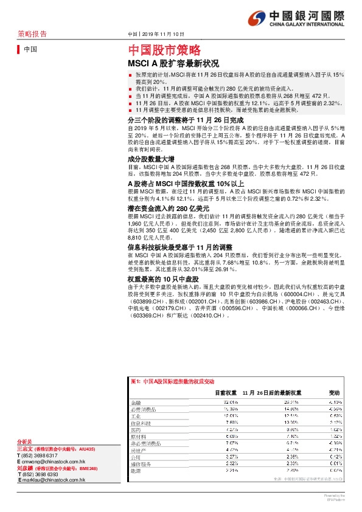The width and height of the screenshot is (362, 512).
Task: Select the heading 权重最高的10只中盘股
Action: point(159,278)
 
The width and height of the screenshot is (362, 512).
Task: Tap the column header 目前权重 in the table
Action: point(226,393)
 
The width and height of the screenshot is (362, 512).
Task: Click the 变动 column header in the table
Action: point(335,393)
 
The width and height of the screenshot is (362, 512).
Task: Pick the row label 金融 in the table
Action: point(136,403)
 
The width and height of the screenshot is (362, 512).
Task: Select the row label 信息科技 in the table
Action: point(140,423)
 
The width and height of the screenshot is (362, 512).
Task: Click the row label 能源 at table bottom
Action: point(136,470)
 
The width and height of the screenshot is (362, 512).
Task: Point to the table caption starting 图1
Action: point(173,381)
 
